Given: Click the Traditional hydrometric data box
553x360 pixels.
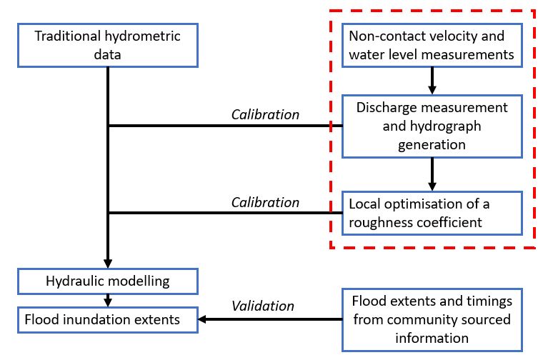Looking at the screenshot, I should pyautogui.click(x=107, y=44).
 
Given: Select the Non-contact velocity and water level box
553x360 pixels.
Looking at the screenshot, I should pyautogui.click(x=432, y=44).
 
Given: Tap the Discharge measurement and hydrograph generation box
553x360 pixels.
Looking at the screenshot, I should pyautogui.click(x=432, y=126).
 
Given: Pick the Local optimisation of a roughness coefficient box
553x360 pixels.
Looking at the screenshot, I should pyautogui.click(x=432, y=212).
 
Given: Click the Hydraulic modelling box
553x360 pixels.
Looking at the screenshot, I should pyautogui.click(x=107, y=279).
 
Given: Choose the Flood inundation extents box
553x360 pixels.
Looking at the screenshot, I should pyautogui.click(x=107, y=319).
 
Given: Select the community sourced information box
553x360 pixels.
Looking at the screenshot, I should pyautogui.click(x=432, y=319).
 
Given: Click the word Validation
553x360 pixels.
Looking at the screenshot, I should pyautogui.click(x=262, y=306).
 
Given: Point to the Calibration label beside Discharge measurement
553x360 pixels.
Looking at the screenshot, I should pyautogui.click(x=266, y=114).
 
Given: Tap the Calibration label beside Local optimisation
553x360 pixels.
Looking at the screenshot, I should pyautogui.click(x=266, y=202).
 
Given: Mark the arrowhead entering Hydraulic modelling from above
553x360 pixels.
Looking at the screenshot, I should pyautogui.click(x=107, y=261).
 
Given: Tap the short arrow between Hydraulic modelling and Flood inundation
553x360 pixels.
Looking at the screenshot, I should pyautogui.click(x=107, y=299).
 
